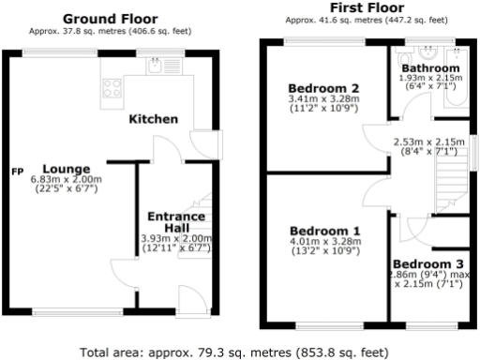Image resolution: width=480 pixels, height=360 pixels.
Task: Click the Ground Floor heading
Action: tap(110, 19)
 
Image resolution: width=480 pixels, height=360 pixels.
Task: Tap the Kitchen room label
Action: tap(153, 119)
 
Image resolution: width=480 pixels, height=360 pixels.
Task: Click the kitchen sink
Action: tap(155, 66)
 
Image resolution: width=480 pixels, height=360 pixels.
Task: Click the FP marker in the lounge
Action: tap(17, 172)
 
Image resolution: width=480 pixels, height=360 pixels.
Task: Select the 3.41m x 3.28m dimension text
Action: tap(322, 98)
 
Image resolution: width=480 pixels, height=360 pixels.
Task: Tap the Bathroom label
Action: tap(430, 68)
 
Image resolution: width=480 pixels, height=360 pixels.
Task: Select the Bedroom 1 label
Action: tap(323, 231)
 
